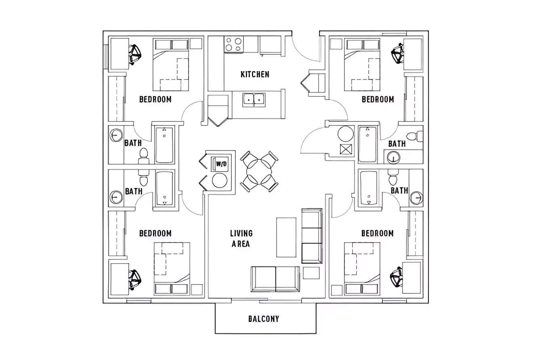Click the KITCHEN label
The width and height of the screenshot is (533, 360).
tap(255, 74)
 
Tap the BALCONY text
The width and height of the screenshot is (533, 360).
tap(263, 319)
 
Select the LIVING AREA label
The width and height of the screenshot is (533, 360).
tap(241, 239)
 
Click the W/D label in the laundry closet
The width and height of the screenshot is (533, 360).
tap(221, 164)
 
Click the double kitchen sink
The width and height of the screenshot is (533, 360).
tap(254, 99)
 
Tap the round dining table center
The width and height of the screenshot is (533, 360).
tap(259, 172)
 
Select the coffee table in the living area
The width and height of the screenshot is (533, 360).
tap(286, 237)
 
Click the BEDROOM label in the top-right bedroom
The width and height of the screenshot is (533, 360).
tap(378, 99)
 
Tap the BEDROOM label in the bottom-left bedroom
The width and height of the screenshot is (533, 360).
tap(155, 233)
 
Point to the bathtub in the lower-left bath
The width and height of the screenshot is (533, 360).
tap(164, 188)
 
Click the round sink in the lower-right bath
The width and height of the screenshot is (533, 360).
tap(416, 197)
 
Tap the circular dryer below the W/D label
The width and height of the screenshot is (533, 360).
tap(220, 180)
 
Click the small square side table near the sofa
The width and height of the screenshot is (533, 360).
tap(311, 273)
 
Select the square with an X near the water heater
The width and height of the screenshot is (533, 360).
tap(346, 149)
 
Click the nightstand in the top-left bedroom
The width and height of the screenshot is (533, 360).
tap(196, 44)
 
